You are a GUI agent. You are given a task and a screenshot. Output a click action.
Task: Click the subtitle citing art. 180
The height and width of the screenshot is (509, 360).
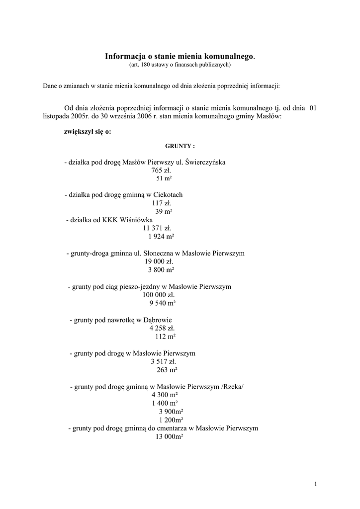180,65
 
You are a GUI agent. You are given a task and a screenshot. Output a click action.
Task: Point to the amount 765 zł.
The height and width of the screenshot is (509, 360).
161,170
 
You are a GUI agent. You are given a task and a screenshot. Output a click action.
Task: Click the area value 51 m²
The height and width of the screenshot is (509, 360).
164,178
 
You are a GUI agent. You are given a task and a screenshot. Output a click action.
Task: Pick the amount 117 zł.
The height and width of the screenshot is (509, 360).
162,203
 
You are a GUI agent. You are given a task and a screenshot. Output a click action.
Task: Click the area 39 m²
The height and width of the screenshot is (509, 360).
164,211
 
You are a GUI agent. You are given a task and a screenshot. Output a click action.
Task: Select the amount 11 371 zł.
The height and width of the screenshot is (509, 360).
157,228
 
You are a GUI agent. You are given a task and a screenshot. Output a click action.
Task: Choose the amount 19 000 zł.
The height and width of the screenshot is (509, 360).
159,261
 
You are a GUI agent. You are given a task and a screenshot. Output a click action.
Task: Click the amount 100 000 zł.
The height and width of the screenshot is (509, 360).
158,295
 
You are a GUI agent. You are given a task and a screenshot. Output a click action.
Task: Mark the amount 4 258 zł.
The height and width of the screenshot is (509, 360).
162,328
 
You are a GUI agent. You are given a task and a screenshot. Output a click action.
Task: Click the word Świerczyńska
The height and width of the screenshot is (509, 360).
205,162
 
